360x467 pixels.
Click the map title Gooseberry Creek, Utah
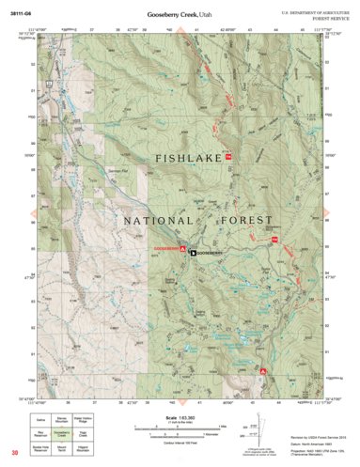pyautogui.click(x=180, y=16)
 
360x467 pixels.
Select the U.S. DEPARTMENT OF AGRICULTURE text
pyautogui.click(x=312, y=9)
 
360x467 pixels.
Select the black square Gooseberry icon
pyautogui.click(x=194, y=253)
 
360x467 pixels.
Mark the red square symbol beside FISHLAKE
pyautogui.click(x=227, y=156)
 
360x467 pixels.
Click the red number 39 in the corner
pyautogui.click(x=14, y=455)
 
